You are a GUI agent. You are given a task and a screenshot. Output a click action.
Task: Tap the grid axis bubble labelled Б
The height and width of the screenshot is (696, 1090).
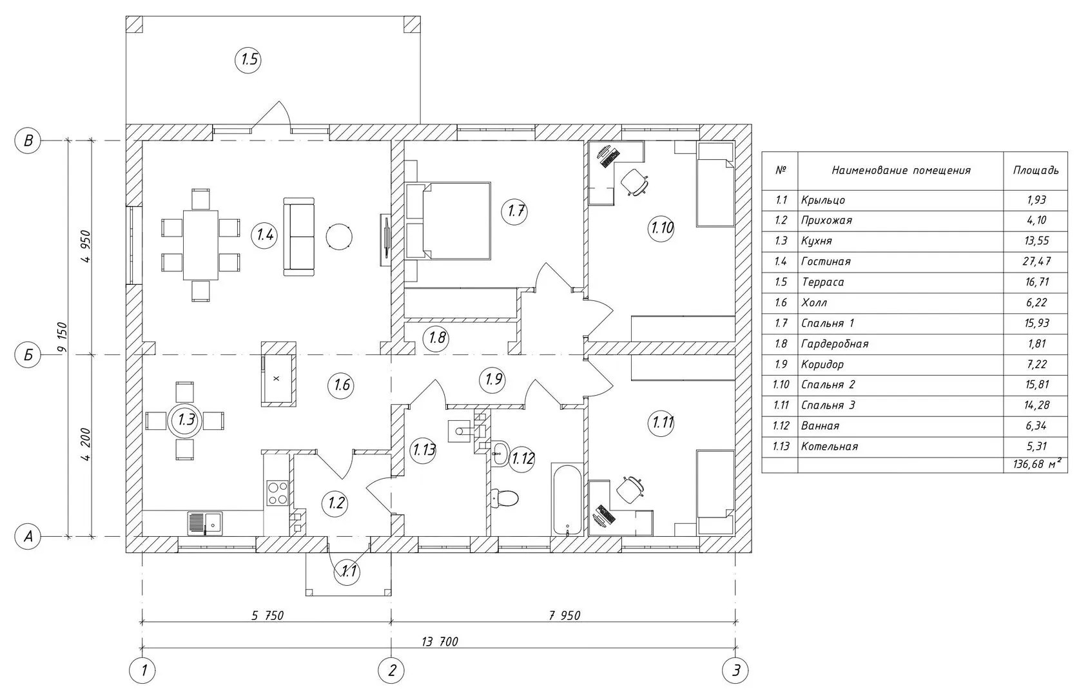(x=28, y=355)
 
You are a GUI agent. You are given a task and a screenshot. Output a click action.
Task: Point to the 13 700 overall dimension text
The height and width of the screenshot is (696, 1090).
(x=440, y=641)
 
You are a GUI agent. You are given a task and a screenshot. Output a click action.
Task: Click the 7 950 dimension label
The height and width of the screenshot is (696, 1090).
(x=565, y=615)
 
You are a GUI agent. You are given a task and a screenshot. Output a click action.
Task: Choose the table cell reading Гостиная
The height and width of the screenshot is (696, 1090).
(x=826, y=262)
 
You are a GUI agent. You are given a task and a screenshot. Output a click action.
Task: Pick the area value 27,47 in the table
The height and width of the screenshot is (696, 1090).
(x=1036, y=262)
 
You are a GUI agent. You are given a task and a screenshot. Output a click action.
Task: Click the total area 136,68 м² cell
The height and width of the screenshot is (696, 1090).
(x=1036, y=465)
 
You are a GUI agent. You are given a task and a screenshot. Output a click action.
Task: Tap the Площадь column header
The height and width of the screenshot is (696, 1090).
(x=1035, y=170)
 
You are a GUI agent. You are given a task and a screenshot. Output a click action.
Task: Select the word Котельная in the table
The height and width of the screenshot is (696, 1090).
(x=830, y=446)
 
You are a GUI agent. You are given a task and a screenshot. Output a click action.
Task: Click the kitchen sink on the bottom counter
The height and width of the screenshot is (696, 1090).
(x=204, y=523)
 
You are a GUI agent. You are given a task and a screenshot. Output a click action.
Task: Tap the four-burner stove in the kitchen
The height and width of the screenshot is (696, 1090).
(x=278, y=492)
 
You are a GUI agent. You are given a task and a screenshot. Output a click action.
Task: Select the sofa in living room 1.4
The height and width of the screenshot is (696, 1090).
(x=299, y=237)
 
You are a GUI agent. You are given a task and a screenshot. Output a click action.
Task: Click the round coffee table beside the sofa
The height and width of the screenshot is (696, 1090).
(x=339, y=237)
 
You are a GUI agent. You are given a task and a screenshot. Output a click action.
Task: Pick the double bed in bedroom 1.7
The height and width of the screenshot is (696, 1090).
(x=449, y=220)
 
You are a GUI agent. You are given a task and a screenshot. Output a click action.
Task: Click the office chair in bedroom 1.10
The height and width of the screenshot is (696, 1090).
(x=634, y=181)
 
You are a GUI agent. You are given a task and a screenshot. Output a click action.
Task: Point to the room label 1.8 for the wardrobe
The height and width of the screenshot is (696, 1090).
(x=437, y=338)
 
